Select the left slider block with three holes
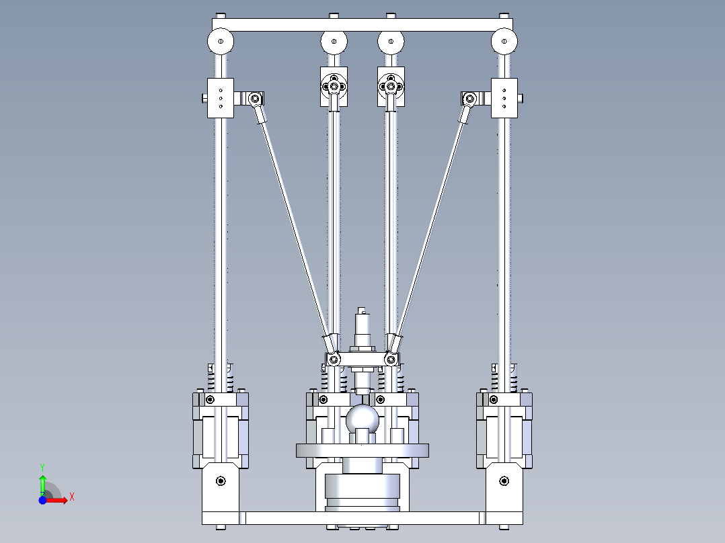coord(220,98)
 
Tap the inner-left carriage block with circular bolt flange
coord(334,87)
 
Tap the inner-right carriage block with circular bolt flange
coord(391,87)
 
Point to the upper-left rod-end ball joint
coord(255,99)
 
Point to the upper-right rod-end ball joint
coord(469,99)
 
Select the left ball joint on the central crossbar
coord(332,360)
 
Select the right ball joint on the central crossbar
coord(391,360)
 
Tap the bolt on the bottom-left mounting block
coord(220,481)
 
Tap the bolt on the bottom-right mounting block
coord(504,481)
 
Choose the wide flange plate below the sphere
coord(362,450)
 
